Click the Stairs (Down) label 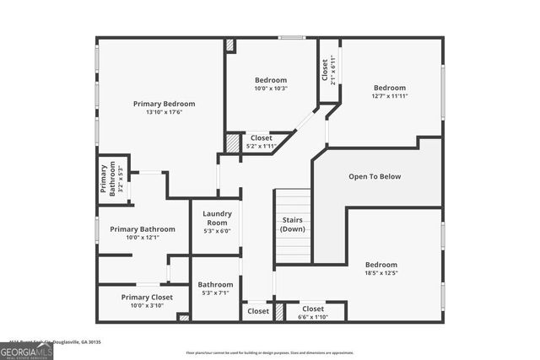click(x=293, y=224)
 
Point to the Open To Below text click(x=375, y=176)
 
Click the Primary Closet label click(x=147, y=297)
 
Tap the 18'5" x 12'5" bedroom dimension click(x=381, y=272)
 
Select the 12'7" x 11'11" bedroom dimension click(x=390, y=96)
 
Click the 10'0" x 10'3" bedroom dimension click(x=271, y=89)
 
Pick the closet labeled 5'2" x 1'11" click(x=260, y=142)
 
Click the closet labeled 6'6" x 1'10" click(x=313, y=313)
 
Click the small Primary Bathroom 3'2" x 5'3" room click(x=112, y=180)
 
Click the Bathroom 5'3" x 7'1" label click(x=216, y=289)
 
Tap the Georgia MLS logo click(x=26, y=347)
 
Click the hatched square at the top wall click(x=230, y=45)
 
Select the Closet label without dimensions click(x=258, y=311)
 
